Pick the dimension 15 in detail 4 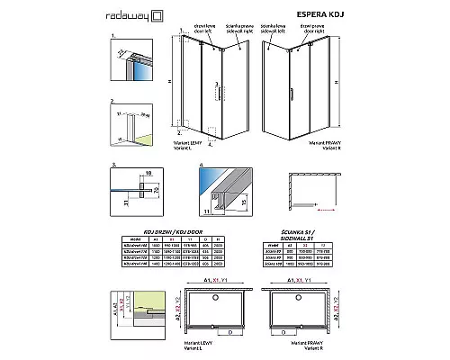click(242, 192)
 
